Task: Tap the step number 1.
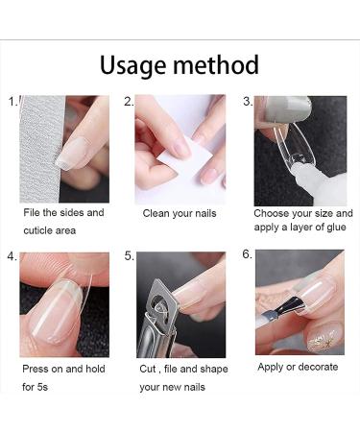point(12,100)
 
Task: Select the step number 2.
point(128,100)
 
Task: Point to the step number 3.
point(247,100)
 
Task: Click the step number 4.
point(12,256)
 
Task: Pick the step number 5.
point(128,256)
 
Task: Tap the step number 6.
point(247,255)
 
